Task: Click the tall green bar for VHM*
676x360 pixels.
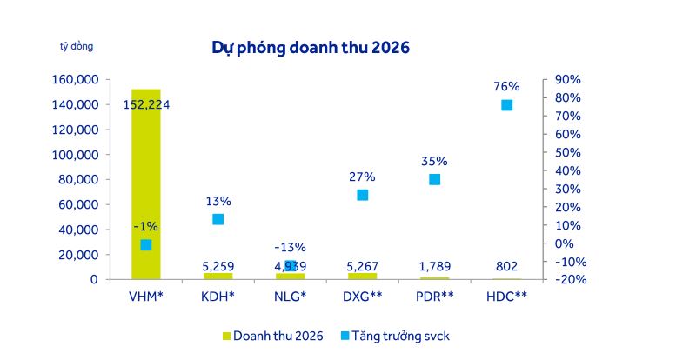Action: click(146, 174)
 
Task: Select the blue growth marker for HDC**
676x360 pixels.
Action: click(506, 105)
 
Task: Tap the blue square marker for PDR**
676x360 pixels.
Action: click(434, 179)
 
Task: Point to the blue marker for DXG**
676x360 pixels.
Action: click(362, 195)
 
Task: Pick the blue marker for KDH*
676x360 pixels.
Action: click(218, 219)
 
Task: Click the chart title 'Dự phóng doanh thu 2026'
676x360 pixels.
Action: click(311, 47)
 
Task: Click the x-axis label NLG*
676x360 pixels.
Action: click(290, 297)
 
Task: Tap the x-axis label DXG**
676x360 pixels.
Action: click(362, 297)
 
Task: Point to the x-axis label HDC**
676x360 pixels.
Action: click(506, 297)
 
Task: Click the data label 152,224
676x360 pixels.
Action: click(146, 104)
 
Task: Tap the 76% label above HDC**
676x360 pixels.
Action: click(506, 86)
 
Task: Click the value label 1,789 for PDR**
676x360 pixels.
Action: click(434, 266)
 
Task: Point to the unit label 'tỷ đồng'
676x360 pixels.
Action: click(77, 46)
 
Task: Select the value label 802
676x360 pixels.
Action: click(506, 266)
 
